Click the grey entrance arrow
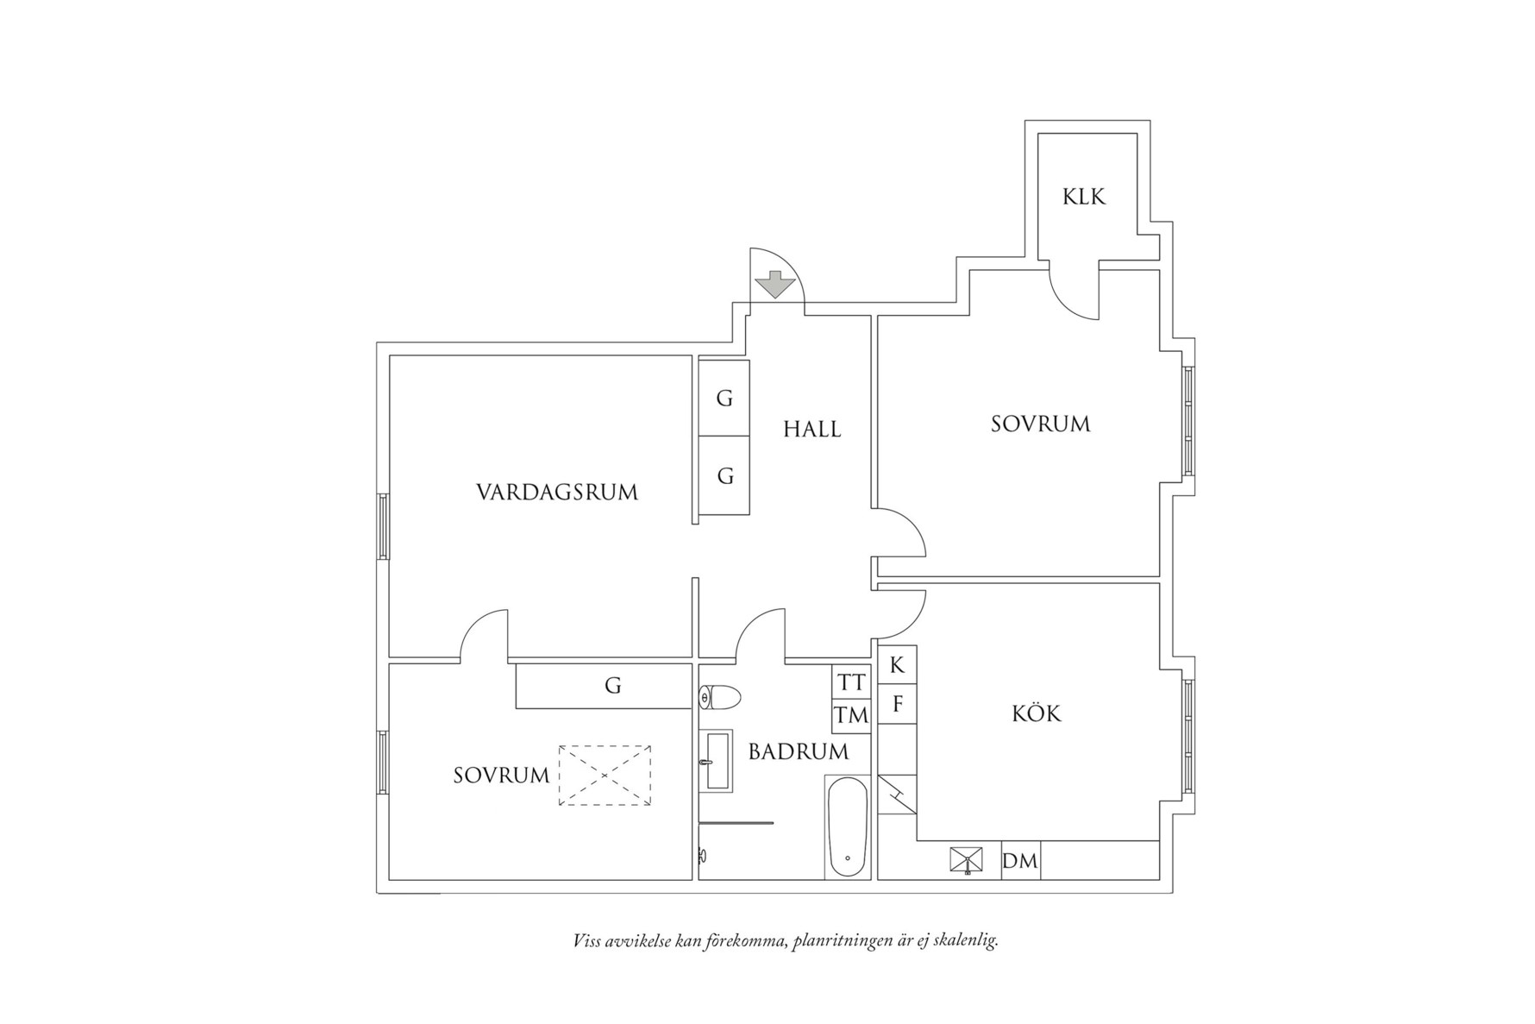coord(774,285)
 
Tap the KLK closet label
coord(1084,197)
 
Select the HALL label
coord(812,429)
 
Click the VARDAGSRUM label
coord(557,493)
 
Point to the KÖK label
coord(1037,713)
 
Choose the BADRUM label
coord(799,751)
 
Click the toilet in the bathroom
coord(720,697)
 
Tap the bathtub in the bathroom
coord(847,826)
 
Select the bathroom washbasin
coord(717,760)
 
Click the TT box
coord(851,682)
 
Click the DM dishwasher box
coord(1021,860)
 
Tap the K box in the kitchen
coord(897,664)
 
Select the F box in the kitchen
coord(897,704)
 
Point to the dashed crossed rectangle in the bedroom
coord(605,776)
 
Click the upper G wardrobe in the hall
coord(724,399)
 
